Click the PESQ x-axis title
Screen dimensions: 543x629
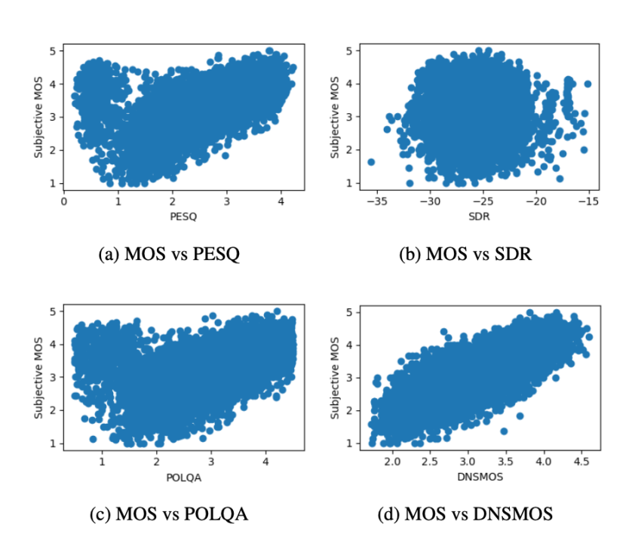tap(179, 217)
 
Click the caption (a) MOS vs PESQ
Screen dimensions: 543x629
tap(169, 255)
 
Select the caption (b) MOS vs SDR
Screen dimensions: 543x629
tap(465, 255)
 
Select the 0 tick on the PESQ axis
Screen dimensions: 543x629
tap(64, 202)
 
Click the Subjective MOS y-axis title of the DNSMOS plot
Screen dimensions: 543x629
tap(336, 378)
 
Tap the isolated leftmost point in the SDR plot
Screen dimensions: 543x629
tap(371, 162)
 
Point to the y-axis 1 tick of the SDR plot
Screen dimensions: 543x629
tap(349, 183)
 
